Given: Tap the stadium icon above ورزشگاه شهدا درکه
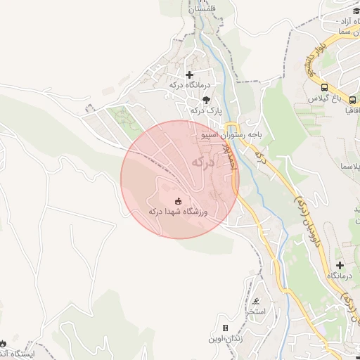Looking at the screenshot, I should (x=176, y=200).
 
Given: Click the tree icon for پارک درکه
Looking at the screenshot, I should (x=205, y=100).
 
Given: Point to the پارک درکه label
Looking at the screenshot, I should (x=205, y=110).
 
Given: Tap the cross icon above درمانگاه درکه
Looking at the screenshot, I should (x=188, y=75).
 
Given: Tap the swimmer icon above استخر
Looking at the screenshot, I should (x=253, y=300).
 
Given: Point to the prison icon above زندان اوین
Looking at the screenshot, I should (x=225, y=328).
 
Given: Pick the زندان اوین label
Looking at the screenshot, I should (x=224, y=339).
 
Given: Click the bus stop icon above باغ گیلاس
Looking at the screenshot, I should (x=324, y=88).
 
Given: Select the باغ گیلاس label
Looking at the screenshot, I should (x=323, y=99).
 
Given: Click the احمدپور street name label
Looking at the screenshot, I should (x=226, y=153).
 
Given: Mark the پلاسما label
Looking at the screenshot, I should (x=349, y=165).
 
